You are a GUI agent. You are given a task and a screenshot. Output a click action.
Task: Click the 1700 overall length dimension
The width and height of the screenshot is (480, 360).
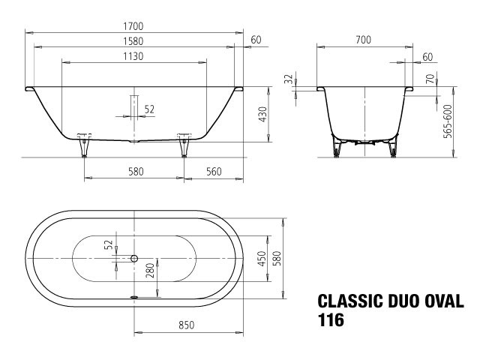[133, 26]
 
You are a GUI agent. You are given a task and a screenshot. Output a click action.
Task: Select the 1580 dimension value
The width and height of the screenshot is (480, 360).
[133, 41]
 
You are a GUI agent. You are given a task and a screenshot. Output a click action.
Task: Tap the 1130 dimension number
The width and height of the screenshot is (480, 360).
[133, 57]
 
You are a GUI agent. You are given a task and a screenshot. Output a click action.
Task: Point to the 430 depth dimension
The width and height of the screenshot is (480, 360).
[262, 115]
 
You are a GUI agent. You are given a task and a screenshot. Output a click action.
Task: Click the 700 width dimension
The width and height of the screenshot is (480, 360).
[363, 40]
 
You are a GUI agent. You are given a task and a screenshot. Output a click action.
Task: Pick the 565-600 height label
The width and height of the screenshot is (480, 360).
[448, 121]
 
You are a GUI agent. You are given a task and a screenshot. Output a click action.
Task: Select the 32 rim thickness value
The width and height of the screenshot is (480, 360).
[288, 79]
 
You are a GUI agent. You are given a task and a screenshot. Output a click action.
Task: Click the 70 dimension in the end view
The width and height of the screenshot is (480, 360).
[430, 79]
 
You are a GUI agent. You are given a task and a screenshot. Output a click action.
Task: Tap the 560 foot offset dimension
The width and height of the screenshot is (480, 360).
[214, 172]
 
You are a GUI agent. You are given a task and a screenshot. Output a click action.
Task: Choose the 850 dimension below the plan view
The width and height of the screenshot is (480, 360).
[187, 325]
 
